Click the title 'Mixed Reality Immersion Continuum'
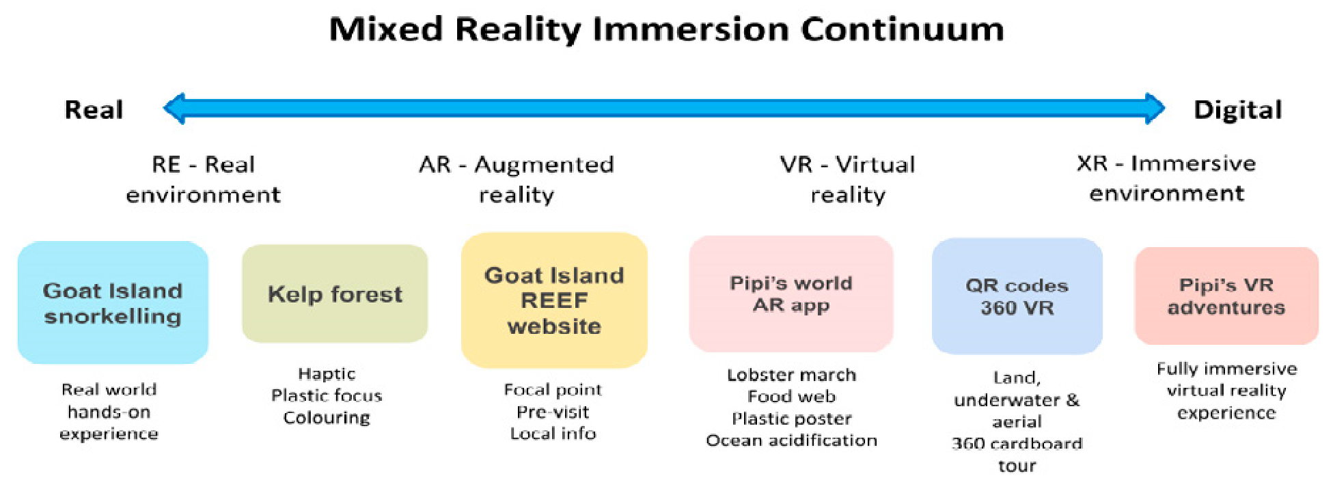coord(667,30)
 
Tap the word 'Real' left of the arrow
coord(94,109)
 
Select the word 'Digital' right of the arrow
coord(1237,110)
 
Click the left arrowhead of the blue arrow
coord(174,109)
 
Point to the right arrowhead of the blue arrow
coord(1155,109)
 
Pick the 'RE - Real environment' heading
coord(203,180)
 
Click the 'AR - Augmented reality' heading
coord(517,180)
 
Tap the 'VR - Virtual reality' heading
coord(848,180)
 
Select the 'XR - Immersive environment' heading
coord(1166,178)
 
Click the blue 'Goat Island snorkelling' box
coord(113,302)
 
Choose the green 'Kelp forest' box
coord(335,294)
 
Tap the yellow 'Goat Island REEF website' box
coord(554,300)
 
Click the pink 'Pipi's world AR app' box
coord(791,294)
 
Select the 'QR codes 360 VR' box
coord(1017,296)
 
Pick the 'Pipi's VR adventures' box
coord(1226,296)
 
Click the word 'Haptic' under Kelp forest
coord(327,374)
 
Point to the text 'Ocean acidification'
coord(792,441)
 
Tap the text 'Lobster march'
coord(792,375)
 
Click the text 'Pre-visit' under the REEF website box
coord(553,412)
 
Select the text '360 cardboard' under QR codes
coord(1017,444)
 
